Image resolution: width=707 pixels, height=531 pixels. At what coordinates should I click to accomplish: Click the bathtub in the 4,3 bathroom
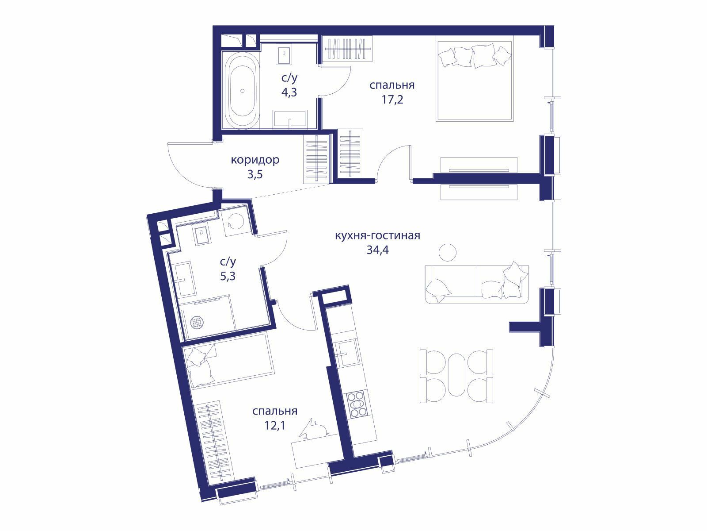point(242,90)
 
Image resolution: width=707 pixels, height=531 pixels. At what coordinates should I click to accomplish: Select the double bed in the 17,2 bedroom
point(475,79)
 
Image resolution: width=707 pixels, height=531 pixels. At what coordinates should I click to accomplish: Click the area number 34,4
point(377,250)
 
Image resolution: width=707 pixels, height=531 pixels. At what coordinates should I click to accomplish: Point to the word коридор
point(255,160)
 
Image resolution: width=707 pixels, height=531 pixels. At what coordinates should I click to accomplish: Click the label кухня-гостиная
point(377,235)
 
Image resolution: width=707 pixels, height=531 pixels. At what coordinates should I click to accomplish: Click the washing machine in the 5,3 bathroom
point(236,223)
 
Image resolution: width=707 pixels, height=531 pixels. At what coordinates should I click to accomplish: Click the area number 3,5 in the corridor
point(255,174)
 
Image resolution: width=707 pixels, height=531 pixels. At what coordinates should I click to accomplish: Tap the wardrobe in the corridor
point(317,159)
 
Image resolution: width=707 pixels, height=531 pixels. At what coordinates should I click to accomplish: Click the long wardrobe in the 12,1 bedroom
point(214,442)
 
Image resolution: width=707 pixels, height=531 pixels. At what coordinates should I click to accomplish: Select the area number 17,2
point(392,100)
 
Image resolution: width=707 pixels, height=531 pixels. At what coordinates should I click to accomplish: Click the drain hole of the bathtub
point(242,91)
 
